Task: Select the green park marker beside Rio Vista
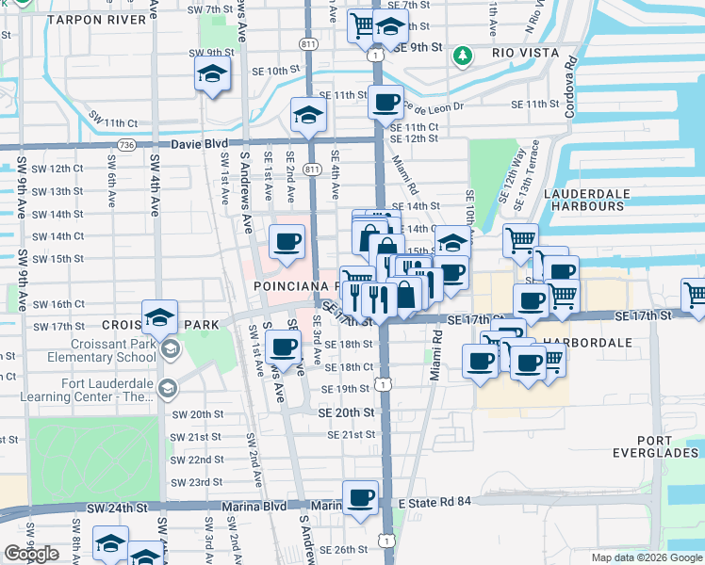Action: [x=462, y=56]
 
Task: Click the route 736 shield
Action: [x=125, y=145]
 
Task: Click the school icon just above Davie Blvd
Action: [x=307, y=115]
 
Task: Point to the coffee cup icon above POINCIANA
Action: [x=287, y=241]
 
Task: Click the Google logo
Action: [x=31, y=554]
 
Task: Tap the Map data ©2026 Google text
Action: [x=647, y=557]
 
